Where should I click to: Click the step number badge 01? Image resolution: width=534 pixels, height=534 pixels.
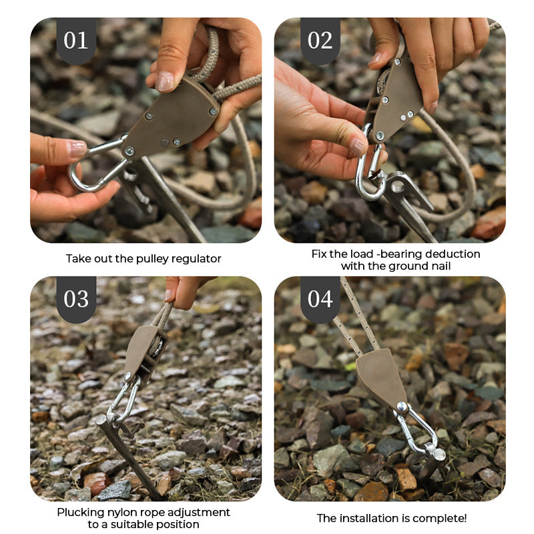click(x=75, y=40)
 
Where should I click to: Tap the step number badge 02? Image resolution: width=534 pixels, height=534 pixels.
click(x=320, y=40)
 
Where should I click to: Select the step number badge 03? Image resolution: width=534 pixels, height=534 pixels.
click(x=75, y=298)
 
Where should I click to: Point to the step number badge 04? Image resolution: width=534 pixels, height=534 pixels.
click(x=320, y=298)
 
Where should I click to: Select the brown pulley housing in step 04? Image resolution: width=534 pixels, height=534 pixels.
click(x=382, y=379)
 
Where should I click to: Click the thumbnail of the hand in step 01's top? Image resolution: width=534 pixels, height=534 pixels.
click(x=164, y=81)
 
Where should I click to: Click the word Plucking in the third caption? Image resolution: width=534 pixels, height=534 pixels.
click(x=79, y=512)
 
